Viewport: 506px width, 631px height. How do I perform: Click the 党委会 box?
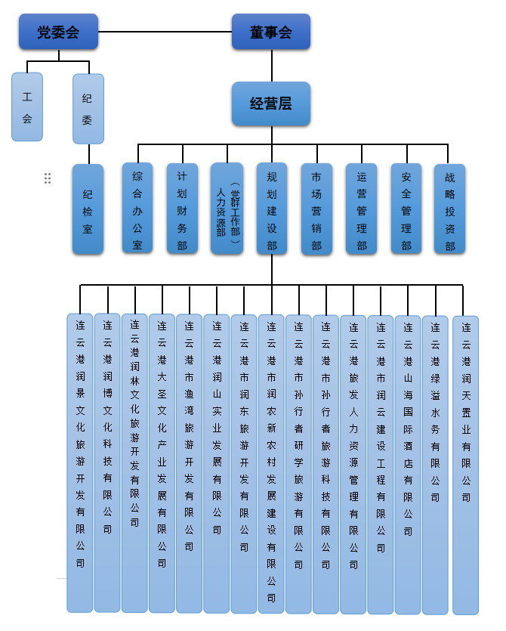[x=58, y=32]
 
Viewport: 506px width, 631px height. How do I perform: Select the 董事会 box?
[x=270, y=32]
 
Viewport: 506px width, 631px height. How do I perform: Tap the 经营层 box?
[x=270, y=104]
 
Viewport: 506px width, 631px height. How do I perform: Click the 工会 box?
[x=27, y=107]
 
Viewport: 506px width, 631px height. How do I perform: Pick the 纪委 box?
[x=88, y=108]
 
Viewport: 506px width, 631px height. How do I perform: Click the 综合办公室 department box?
[x=137, y=208]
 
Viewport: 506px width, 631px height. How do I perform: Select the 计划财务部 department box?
[x=182, y=208]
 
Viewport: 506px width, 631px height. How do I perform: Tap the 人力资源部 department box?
[x=227, y=208]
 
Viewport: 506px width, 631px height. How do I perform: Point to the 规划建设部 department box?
[x=272, y=208]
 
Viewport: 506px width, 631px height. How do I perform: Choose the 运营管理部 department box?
[x=361, y=208]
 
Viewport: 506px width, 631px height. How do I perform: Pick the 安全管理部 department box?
[x=406, y=208]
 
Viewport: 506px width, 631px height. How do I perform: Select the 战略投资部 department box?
[x=450, y=208]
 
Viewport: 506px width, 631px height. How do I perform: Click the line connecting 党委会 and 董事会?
[x=165, y=32]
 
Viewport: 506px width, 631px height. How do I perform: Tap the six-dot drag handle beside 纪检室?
[x=48, y=178]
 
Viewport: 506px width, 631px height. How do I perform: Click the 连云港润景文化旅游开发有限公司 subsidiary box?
[x=80, y=462]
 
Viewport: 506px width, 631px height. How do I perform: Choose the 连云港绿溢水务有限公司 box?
[x=435, y=462]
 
